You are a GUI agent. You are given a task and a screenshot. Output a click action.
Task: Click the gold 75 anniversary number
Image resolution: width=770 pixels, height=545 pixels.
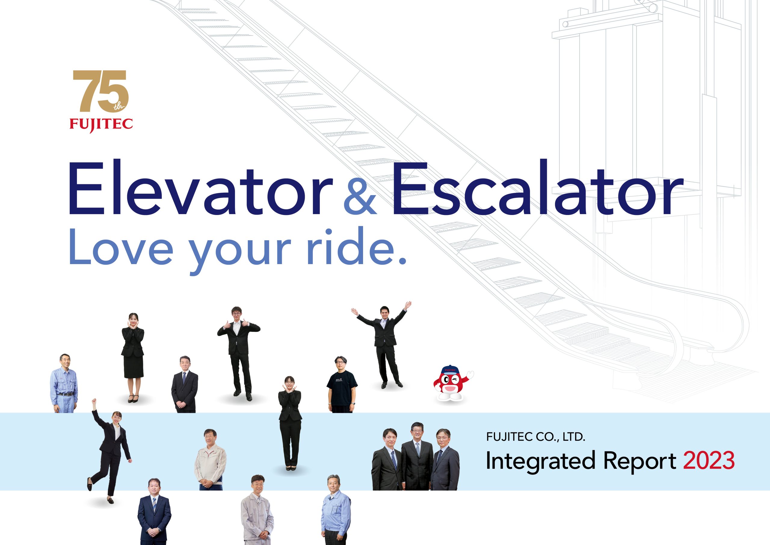[x=100, y=91]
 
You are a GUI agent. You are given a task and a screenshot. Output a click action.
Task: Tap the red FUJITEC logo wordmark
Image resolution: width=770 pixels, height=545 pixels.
[x=101, y=124]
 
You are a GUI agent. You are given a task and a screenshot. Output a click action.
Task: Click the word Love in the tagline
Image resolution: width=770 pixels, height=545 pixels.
[x=121, y=248]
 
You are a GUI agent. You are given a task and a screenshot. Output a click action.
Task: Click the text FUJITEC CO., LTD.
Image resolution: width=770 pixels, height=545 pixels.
[x=536, y=437]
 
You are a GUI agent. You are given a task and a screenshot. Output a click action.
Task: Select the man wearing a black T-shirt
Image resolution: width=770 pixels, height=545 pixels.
[x=342, y=385]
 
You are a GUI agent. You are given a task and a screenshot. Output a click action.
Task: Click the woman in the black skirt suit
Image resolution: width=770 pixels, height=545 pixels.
[x=133, y=358]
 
